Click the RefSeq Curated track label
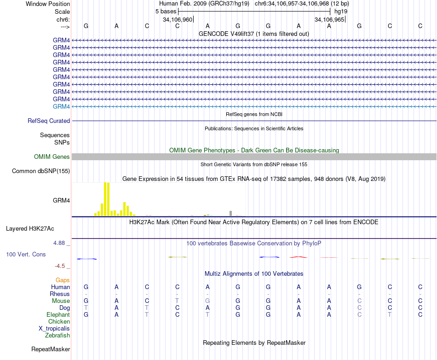pos(49,121)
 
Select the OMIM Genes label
pos(52,157)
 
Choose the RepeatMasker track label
pos(51,349)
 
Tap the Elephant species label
pos(58,315)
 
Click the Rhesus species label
pos(60,294)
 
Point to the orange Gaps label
pos(63,280)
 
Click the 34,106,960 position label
pos(178,20)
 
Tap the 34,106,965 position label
pos(329,20)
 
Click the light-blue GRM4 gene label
pos(62,107)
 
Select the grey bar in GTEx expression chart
pos(230,213)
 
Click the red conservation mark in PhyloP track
pos(298,257)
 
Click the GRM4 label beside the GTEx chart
pos(62,201)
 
